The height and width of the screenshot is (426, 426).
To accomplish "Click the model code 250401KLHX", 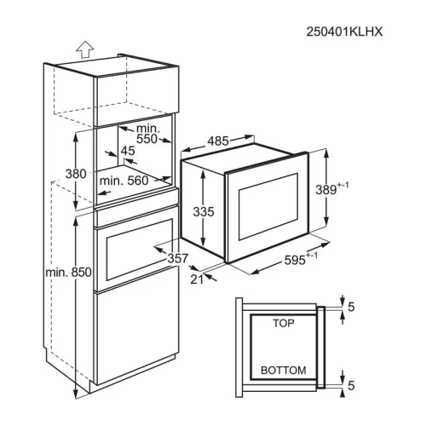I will click(x=345, y=32).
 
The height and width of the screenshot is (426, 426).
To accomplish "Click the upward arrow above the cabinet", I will click(x=83, y=49).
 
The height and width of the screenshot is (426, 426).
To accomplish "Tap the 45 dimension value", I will click(x=128, y=152).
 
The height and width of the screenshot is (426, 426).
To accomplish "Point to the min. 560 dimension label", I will click(x=124, y=180).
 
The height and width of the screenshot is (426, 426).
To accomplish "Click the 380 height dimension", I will click(x=77, y=174).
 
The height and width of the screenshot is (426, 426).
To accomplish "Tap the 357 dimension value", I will click(x=176, y=257).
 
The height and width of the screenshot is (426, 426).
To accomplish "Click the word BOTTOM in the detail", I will click(x=284, y=371).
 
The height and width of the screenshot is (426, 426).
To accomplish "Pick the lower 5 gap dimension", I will click(x=350, y=386).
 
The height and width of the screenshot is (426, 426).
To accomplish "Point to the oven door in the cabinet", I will click(x=136, y=251).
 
